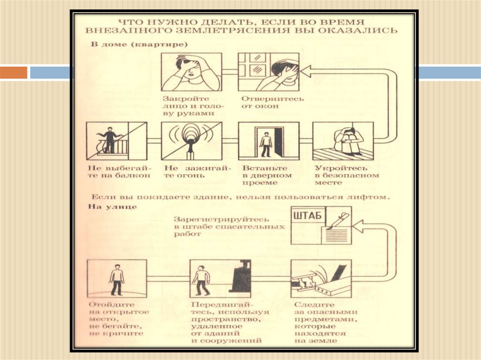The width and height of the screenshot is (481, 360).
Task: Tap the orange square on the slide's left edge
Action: tap(14, 73)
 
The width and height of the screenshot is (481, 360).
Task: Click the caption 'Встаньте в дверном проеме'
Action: tap(267, 176)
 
